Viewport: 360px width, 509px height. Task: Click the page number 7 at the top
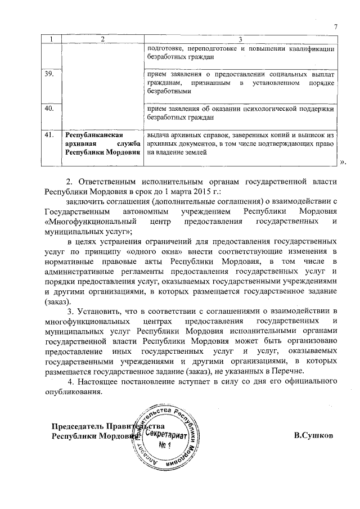335,27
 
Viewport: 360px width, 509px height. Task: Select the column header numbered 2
102,39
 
